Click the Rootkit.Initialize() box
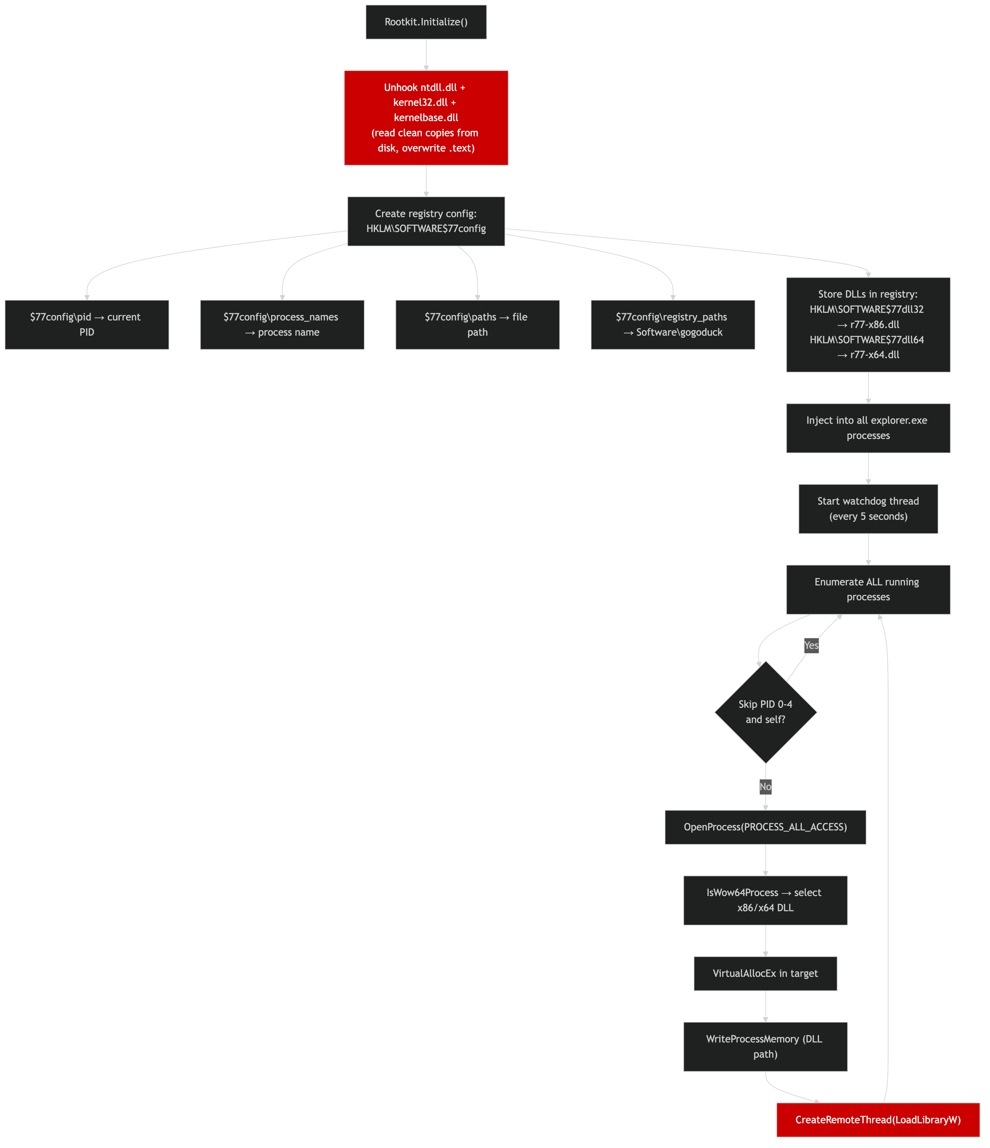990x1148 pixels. coord(426,22)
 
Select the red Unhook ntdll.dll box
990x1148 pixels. coord(426,118)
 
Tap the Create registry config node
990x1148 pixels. coord(426,221)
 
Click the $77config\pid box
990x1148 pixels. coord(86,325)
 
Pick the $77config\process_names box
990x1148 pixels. coord(282,325)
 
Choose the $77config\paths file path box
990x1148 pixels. coord(477,325)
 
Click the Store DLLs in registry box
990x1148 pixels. coord(868,325)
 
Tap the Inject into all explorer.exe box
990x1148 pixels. coord(868,428)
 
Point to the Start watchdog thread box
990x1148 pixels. coord(868,509)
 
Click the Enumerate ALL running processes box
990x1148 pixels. coord(868,590)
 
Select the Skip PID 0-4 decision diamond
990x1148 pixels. coord(765,712)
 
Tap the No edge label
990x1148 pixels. coord(765,787)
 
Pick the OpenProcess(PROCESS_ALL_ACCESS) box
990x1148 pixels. coord(765,827)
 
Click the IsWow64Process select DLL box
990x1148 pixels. coord(765,900)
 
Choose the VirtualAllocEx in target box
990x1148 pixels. coord(765,973)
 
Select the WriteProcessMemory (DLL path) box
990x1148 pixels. coord(765,1047)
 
